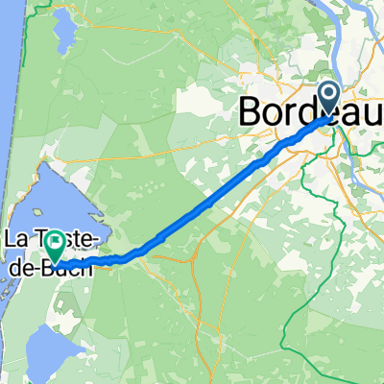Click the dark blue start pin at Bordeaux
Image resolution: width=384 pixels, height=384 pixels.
(x=327, y=99)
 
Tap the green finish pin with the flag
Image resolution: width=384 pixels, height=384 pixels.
(x=57, y=245)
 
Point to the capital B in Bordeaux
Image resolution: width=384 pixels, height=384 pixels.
(x=251, y=111)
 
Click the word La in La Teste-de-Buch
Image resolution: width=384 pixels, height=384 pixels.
(x=18, y=237)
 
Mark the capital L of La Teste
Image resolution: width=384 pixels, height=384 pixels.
(x=12, y=237)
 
